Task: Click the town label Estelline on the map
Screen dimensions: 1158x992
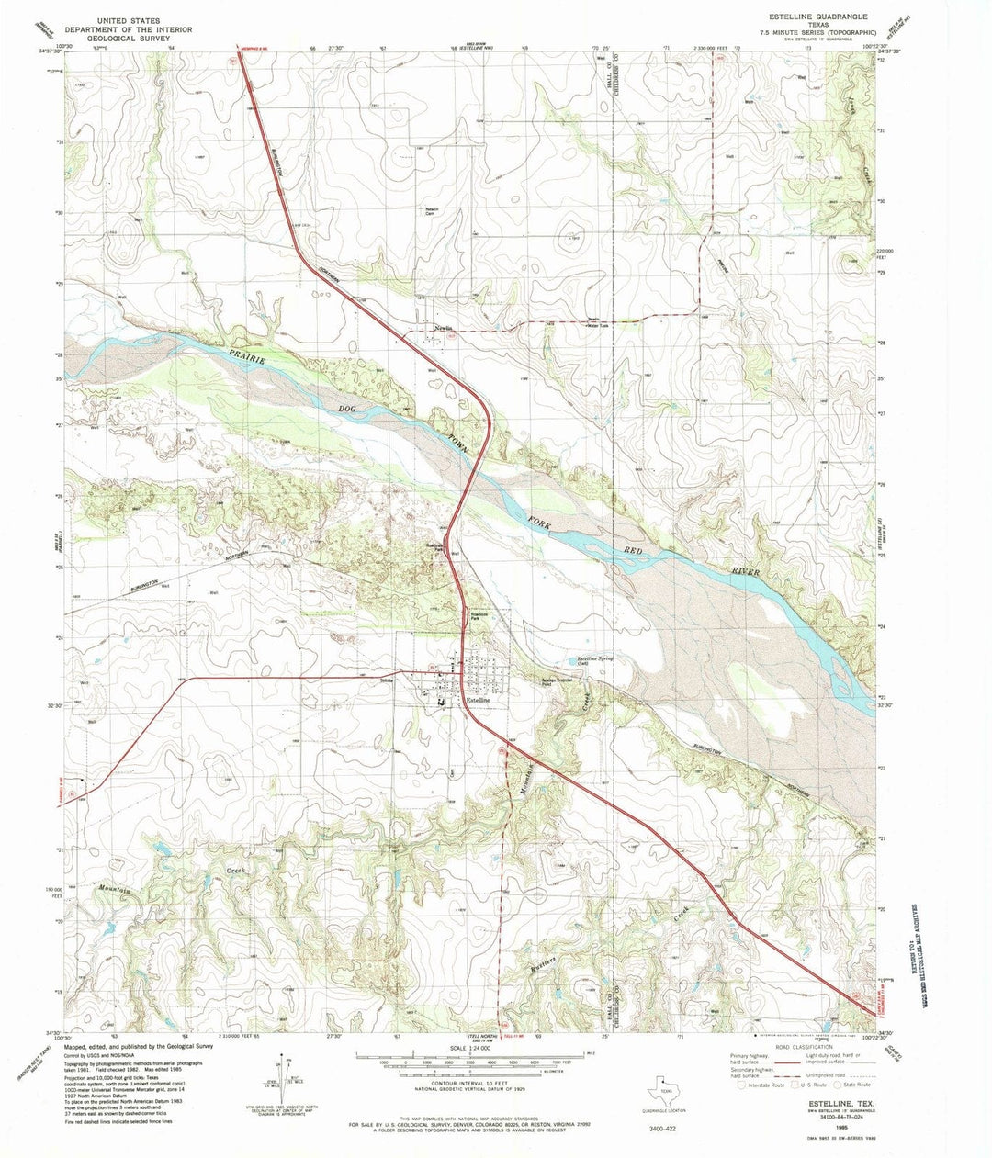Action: pyautogui.click(x=484, y=701)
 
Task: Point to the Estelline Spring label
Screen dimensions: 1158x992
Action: pyautogui.click(x=594, y=659)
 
